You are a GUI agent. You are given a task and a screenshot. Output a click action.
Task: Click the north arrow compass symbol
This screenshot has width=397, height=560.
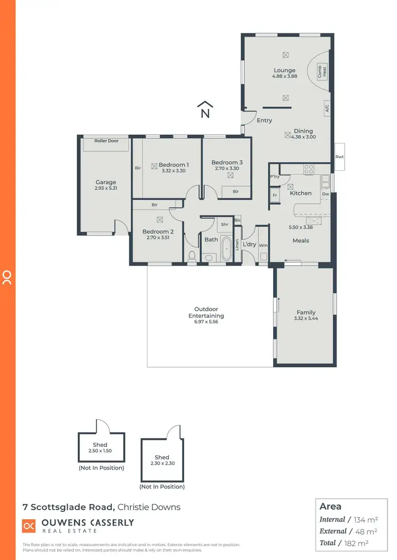[205, 110]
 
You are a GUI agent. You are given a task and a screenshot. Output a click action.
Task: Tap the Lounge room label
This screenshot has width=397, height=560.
[285, 70]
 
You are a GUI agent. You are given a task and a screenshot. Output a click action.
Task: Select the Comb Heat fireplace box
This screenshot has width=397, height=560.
[322, 70]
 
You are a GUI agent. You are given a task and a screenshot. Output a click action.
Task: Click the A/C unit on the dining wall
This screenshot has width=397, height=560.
[327, 109]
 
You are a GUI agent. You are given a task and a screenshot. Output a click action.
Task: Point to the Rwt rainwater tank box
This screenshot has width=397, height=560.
[339, 157]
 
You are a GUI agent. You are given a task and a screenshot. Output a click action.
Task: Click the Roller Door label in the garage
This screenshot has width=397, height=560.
[106, 141]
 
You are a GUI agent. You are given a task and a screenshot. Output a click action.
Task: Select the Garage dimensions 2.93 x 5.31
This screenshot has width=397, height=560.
[106, 188]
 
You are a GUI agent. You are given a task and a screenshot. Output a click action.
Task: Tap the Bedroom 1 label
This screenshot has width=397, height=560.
[174, 165]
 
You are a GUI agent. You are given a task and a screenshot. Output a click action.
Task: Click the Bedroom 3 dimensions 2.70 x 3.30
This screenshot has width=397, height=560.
[227, 168]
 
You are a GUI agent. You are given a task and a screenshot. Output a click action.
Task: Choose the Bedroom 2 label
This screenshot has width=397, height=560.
[158, 231]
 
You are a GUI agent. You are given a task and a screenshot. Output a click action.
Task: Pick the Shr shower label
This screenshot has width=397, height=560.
[224, 224]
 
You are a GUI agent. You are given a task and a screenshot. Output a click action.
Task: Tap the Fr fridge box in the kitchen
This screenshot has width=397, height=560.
[275, 195]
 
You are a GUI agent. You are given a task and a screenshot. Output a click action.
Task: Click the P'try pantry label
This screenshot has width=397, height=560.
[275, 176]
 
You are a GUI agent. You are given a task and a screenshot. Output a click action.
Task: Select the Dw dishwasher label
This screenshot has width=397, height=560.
[325, 194]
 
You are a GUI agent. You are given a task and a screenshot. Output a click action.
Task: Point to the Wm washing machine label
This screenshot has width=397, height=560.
[263, 245]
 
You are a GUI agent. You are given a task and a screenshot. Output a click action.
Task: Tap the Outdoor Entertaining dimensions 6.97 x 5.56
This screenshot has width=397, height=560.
[206, 322]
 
